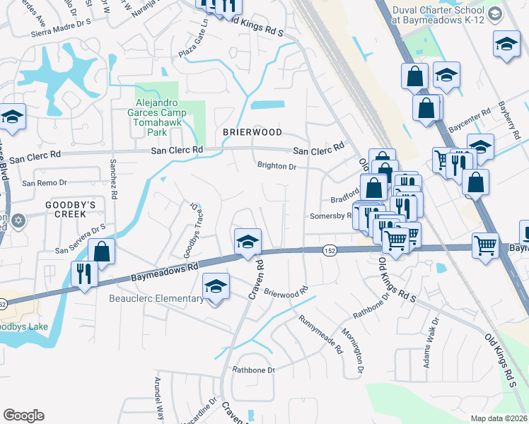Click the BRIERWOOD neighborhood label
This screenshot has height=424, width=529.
pyautogui.click(x=252, y=132)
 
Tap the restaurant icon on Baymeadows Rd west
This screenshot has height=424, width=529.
pyautogui.click(x=85, y=273)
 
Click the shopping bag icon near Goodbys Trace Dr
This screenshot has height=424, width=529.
pyautogui.click(x=103, y=252)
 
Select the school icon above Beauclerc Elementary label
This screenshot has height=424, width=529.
pyautogui.click(x=216, y=286)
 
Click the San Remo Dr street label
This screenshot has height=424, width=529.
pyautogui.click(x=45, y=183)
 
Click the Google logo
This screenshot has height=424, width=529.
pyautogui.click(x=23, y=416)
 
